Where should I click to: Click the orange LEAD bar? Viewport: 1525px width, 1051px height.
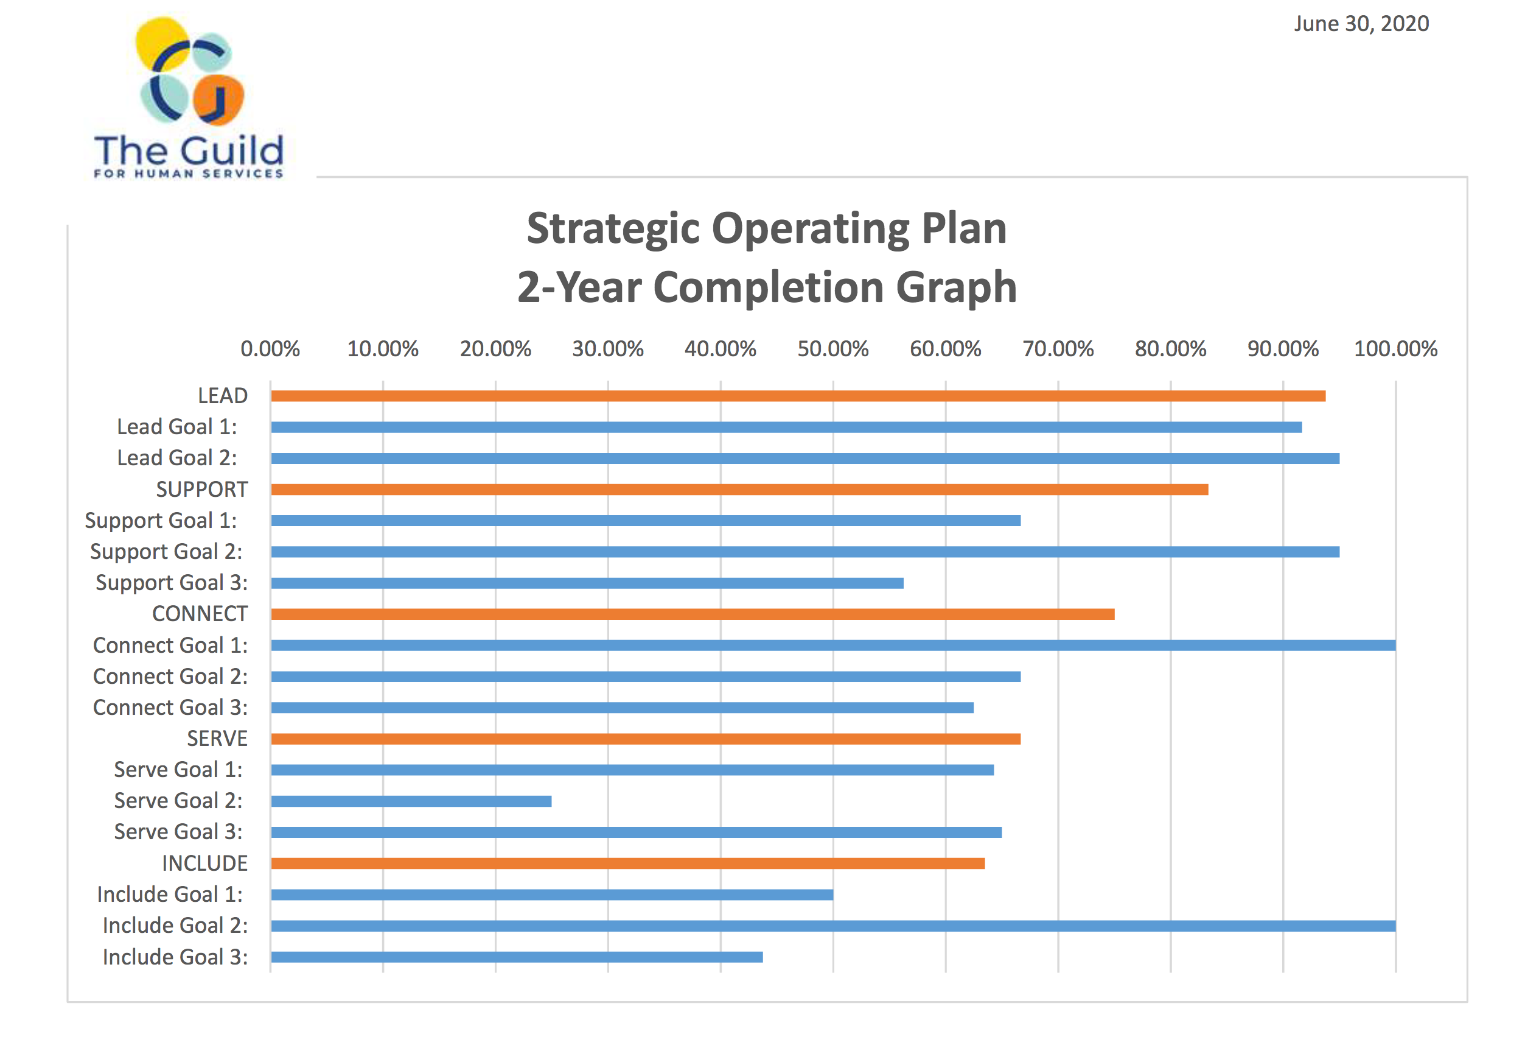click(x=798, y=396)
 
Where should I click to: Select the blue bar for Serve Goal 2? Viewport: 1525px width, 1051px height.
click(x=411, y=801)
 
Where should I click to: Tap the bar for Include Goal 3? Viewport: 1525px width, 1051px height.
click(x=517, y=957)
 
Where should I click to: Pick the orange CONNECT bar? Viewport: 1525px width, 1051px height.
click(x=693, y=614)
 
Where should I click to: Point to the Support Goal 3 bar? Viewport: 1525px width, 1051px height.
click(x=587, y=583)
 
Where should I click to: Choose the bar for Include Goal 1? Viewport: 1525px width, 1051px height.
click(x=551, y=895)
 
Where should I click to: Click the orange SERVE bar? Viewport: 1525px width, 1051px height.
click(x=646, y=739)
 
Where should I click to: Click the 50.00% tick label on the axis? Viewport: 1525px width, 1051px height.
click(x=832, y=348)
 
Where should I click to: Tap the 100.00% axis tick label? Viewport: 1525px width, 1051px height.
click(x=1395, y=348)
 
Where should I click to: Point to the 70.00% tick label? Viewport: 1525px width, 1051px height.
click(x=1058, y=348)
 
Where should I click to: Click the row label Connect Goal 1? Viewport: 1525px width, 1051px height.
click(x=170, y=645)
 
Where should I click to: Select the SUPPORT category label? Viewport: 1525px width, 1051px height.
click(x=201, y=490)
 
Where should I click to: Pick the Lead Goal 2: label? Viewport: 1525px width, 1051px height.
click(x=176, y=458)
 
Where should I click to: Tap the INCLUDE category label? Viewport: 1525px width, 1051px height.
click(x=204, y=863)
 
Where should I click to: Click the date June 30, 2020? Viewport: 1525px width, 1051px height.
click(x=1361, y=24)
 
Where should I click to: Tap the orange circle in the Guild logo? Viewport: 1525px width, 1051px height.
click(x=218, y=99)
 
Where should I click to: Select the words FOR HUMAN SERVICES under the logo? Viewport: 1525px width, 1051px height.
click(x=188, y=174)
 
